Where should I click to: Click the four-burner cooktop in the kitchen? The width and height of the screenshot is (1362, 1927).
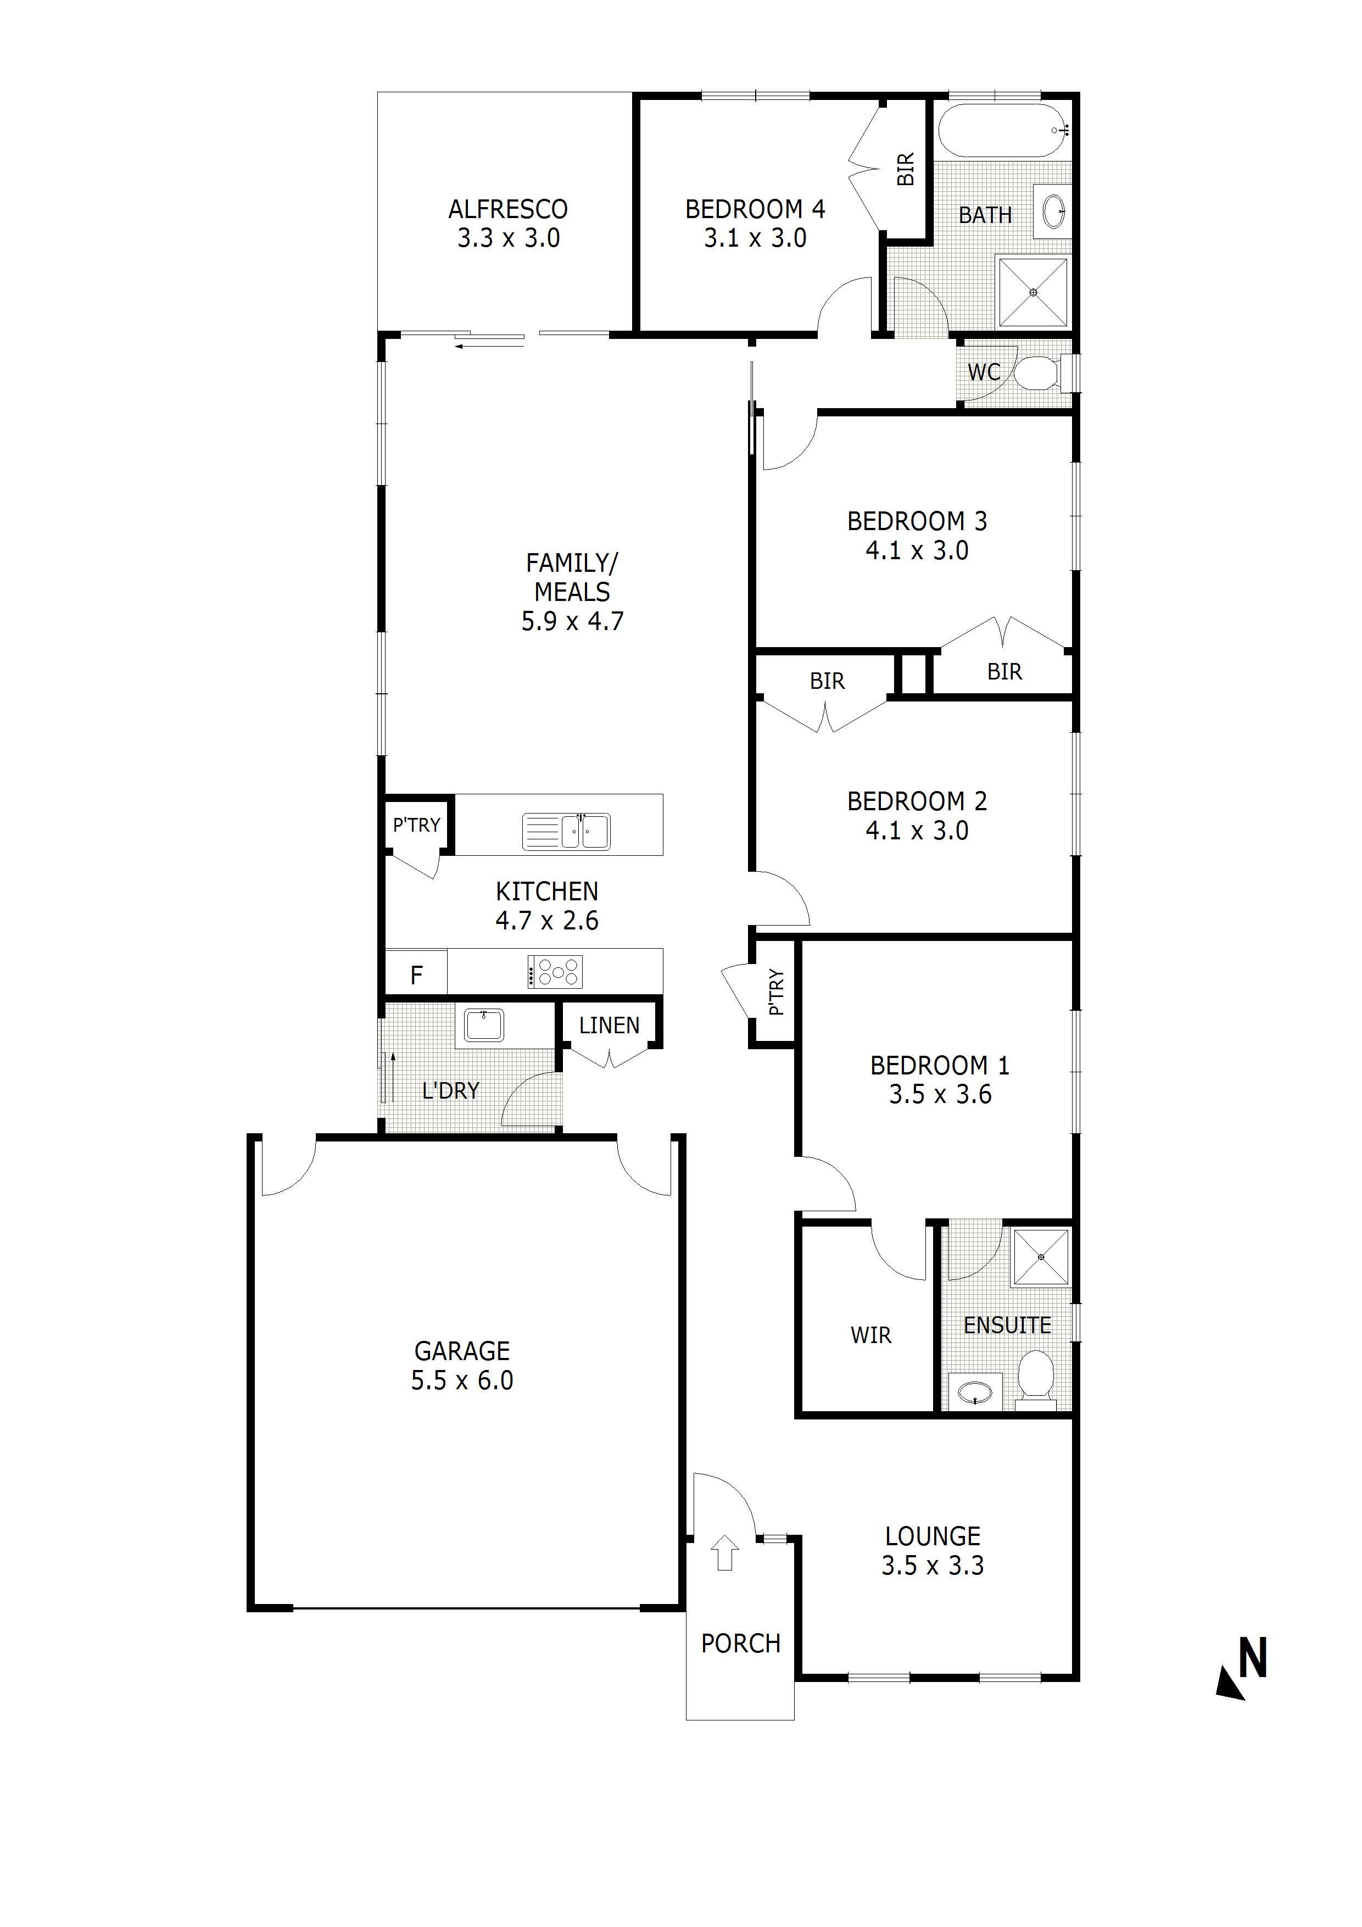pyautogui.click(x=555, y=972)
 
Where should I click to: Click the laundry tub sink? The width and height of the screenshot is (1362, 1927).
pyautogui.click(x=484, y=1025)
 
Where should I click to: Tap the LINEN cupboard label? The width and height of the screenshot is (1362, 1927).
pyautogui.click(x=609, y=1025)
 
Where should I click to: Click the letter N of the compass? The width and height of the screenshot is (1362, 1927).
pyautogui.click(x=1253, y=1658)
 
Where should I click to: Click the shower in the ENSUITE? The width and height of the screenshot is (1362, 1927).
pyautogui.click(x=1041, y=1256)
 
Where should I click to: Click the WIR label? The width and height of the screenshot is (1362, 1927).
pyautogui.click(x=871, y=1334)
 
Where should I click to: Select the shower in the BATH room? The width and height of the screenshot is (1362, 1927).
pyautogui.click(x=1033, y=292)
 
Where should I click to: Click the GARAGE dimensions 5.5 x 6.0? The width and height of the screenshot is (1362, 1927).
pyautogui.click(x=462, y=1380)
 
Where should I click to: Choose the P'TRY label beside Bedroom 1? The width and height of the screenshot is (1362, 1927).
pyautogui.click(x=776, y=992)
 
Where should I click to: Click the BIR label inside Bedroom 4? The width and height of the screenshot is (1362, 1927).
pyautogui.click(x=906, y=170)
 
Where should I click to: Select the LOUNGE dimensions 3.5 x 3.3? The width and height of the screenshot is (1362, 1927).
pyautogui.click(x=933, y=1565)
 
